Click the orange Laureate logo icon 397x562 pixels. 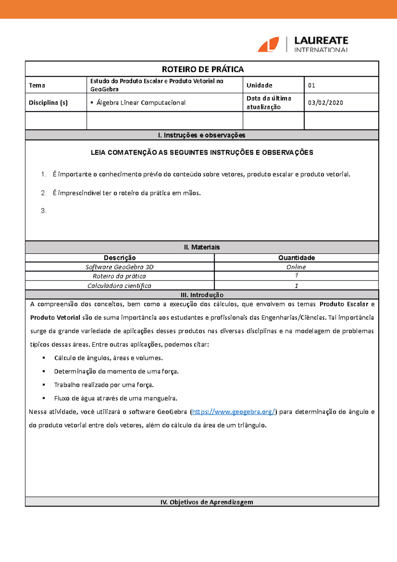[x=268, y=44]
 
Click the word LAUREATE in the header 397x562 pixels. [x=321, y=40]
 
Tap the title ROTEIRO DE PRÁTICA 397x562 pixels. [x=202, y=69]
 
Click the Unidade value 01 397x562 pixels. [x=311, y=85]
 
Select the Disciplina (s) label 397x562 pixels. [x=48, y=103]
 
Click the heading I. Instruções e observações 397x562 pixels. [x=201, y=135]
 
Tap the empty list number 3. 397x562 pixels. [x=43, y=211]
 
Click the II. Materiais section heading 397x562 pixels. [x=201, y=247]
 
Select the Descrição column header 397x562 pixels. [x=119, y=258]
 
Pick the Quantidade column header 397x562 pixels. [x=296, y=258]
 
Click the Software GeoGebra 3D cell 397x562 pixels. [x=119, y=267]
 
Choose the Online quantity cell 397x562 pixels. [x=296, y=267]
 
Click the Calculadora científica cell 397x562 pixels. [x=119, y=286]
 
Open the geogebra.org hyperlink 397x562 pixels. [x=233, y=412]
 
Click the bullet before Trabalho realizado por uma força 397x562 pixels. [x=44, y=385]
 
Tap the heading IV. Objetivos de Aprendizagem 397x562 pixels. [x=207, y=502]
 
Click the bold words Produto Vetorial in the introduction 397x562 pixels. [x=55, y=317]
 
